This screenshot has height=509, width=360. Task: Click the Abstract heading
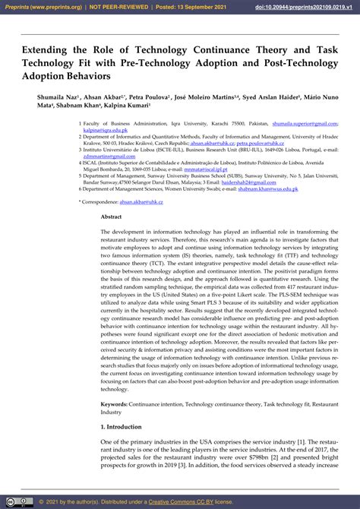click(x=111, y=216)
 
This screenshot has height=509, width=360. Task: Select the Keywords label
click(x=114, y=404)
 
